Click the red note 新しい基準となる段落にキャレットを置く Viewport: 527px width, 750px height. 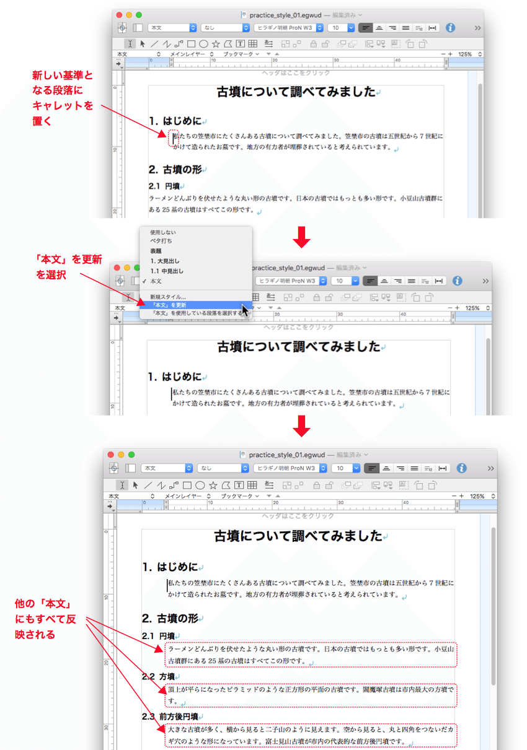click(x=63, y=98)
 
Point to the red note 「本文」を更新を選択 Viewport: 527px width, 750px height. click(x=69, y=266)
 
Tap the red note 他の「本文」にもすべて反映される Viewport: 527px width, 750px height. click(x=46, y=618)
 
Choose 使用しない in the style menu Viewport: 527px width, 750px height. click(x=163, y=232)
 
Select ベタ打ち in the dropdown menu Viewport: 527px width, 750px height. click(x=161, y=240)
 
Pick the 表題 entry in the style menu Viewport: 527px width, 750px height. click(x=156, y=251)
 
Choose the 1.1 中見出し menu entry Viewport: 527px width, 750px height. click(x=167, y=271)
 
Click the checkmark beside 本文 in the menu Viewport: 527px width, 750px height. click(x=144, y=281)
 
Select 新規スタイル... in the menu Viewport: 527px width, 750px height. click(x=168, y=297)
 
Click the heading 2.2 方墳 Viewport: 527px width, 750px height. click(x=158, y=676)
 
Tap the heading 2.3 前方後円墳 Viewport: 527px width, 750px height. click(x=169, y=717)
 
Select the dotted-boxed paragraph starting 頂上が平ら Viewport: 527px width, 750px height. click(x=311, y=695)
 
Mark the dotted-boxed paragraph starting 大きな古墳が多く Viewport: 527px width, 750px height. click(x=311, y=735)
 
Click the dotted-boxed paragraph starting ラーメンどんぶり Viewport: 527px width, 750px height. click(x=311, y=655)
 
